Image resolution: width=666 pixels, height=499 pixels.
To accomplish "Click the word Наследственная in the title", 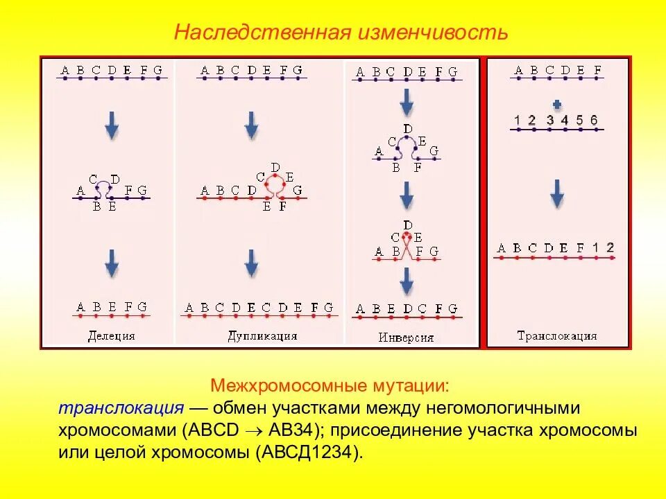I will point(262,33).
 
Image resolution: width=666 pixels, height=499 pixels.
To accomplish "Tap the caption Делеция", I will point(111,336).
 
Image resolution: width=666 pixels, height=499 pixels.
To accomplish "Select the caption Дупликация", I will point(262,336).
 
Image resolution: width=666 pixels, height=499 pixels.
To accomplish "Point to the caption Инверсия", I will point(406,338).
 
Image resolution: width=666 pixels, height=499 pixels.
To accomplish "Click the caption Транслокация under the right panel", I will point(556,336).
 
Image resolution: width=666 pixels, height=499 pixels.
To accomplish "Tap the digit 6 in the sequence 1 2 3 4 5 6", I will point(594,121).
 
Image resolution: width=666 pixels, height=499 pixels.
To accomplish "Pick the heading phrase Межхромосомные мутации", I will point(330,385).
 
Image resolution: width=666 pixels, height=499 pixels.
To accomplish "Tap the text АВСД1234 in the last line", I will point(309,453).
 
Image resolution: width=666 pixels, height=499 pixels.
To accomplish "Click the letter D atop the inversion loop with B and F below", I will point(407,129).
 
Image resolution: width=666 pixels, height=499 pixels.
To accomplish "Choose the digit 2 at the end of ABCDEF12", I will point(610,247).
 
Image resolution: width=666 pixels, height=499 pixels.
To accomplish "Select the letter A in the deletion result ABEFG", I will point(80,307).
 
